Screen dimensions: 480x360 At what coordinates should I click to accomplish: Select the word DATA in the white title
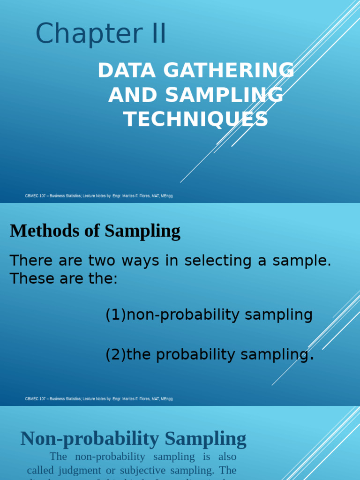(x=123, y=71)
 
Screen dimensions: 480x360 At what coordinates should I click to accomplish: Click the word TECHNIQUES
(x=196, y=119)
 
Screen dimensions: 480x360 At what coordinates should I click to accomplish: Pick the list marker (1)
(x=116, y=315)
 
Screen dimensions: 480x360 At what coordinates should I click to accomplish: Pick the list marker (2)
(x=116, y=355)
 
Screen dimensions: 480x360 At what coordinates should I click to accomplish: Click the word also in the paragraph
(x=227, y=457)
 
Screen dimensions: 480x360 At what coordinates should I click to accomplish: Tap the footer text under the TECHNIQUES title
(x=99, y=196)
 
